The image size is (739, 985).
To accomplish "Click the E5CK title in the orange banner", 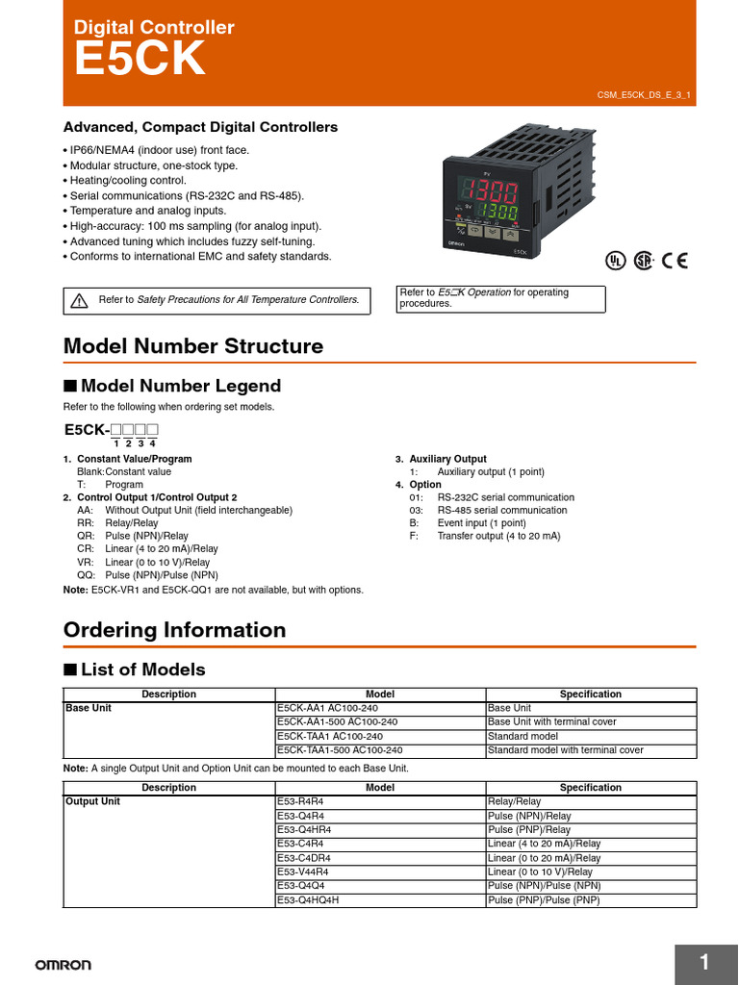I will point(140,61).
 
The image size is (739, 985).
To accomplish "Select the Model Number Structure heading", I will point(192,346).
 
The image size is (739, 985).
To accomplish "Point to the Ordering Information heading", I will point(174,630).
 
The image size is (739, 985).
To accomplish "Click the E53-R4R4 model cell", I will point(301,801).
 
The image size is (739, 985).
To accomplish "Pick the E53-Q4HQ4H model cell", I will point(308,900).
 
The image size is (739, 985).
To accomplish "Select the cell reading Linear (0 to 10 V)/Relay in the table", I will point(540,871).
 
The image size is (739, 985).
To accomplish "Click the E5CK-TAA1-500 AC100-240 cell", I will point(339,749).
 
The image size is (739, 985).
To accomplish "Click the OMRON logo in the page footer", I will point(64,964).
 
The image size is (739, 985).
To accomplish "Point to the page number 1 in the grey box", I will point(704,963).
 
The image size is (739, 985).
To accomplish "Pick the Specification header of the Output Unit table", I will point(590,787).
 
